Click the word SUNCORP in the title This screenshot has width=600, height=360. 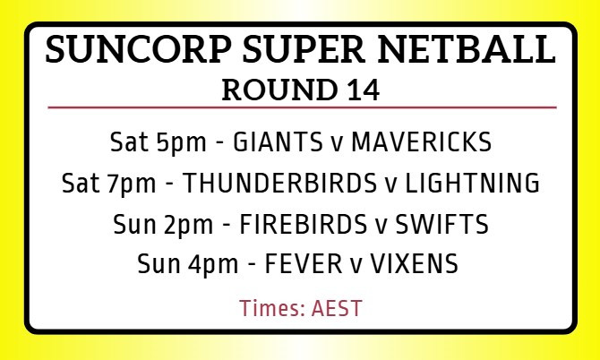click(138, 49)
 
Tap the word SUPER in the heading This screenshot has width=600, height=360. click(304, 49)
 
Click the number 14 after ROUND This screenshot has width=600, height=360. click(364, 90)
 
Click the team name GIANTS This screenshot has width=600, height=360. click(278, 141)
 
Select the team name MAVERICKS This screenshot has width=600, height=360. click(421, 141)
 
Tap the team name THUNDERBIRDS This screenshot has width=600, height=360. click(279, 183)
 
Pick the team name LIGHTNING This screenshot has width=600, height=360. click(472, 183)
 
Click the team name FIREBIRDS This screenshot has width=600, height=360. click(304, 224)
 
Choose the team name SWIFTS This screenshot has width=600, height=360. click(442, 224)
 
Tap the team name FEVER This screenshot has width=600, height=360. click(304, 263)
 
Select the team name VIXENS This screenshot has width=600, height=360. click(415, 263)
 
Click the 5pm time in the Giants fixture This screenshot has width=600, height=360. click(181, 143)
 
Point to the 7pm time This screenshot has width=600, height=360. click(132, 184)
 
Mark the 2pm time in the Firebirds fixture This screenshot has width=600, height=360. click(188, 226)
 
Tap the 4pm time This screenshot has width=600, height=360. click(213, 265)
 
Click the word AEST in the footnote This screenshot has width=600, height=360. click(337, 308)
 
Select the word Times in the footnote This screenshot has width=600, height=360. click(272, 308)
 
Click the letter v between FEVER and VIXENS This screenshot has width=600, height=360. click(356, 266)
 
